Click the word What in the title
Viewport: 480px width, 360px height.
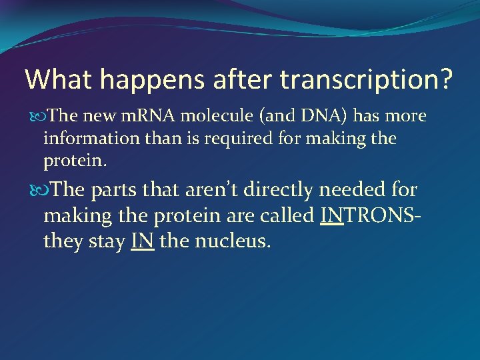point(59,79)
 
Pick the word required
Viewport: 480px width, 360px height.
point(231,139)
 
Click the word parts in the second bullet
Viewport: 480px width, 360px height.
point(115,190)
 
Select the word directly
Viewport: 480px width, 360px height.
point(279,190)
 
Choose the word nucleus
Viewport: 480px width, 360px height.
point(233,241)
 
